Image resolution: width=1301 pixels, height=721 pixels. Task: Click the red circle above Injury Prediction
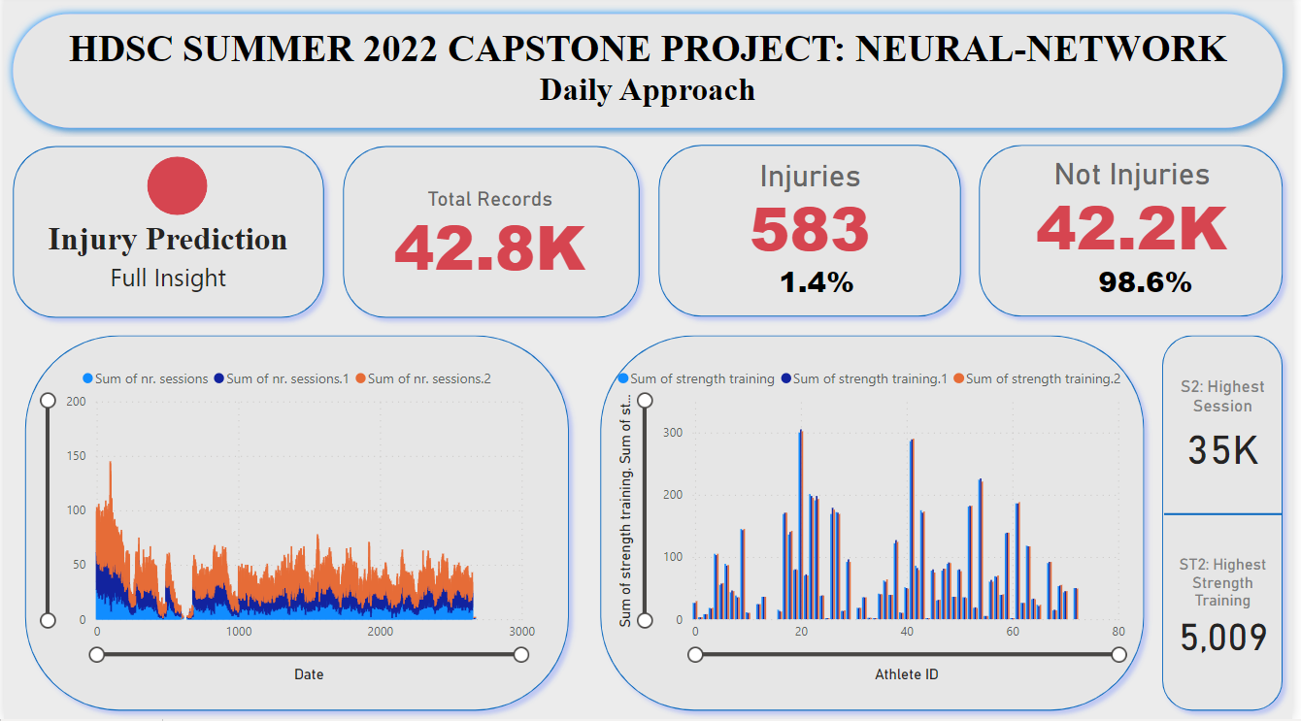[177, 185]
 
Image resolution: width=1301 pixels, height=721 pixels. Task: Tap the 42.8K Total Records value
[489, 248]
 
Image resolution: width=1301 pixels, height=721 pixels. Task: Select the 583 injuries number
[809, 229]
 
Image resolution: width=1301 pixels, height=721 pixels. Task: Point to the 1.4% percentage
[817, 282]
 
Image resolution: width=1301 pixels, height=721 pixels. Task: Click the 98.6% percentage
[1145, 282]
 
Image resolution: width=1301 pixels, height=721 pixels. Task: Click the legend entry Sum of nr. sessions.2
[428, 378]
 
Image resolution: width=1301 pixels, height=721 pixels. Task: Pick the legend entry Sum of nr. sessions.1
[286, 378]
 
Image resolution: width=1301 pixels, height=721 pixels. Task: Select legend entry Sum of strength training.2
[1043, 379]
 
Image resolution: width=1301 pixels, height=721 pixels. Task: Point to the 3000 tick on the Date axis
[521, 632]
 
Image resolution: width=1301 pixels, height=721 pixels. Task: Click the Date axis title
[309, 673]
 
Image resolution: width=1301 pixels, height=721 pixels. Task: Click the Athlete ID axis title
[906, 673]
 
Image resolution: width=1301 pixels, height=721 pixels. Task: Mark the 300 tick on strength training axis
[673, 433]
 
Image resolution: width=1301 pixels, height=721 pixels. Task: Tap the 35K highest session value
[1222, 451]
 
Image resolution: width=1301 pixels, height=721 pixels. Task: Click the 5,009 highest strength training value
[1222, 638]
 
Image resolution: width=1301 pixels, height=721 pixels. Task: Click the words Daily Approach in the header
[647, 90]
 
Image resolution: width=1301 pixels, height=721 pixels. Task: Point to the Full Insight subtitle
[168, 279]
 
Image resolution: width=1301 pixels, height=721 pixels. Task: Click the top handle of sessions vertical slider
[48, 400]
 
